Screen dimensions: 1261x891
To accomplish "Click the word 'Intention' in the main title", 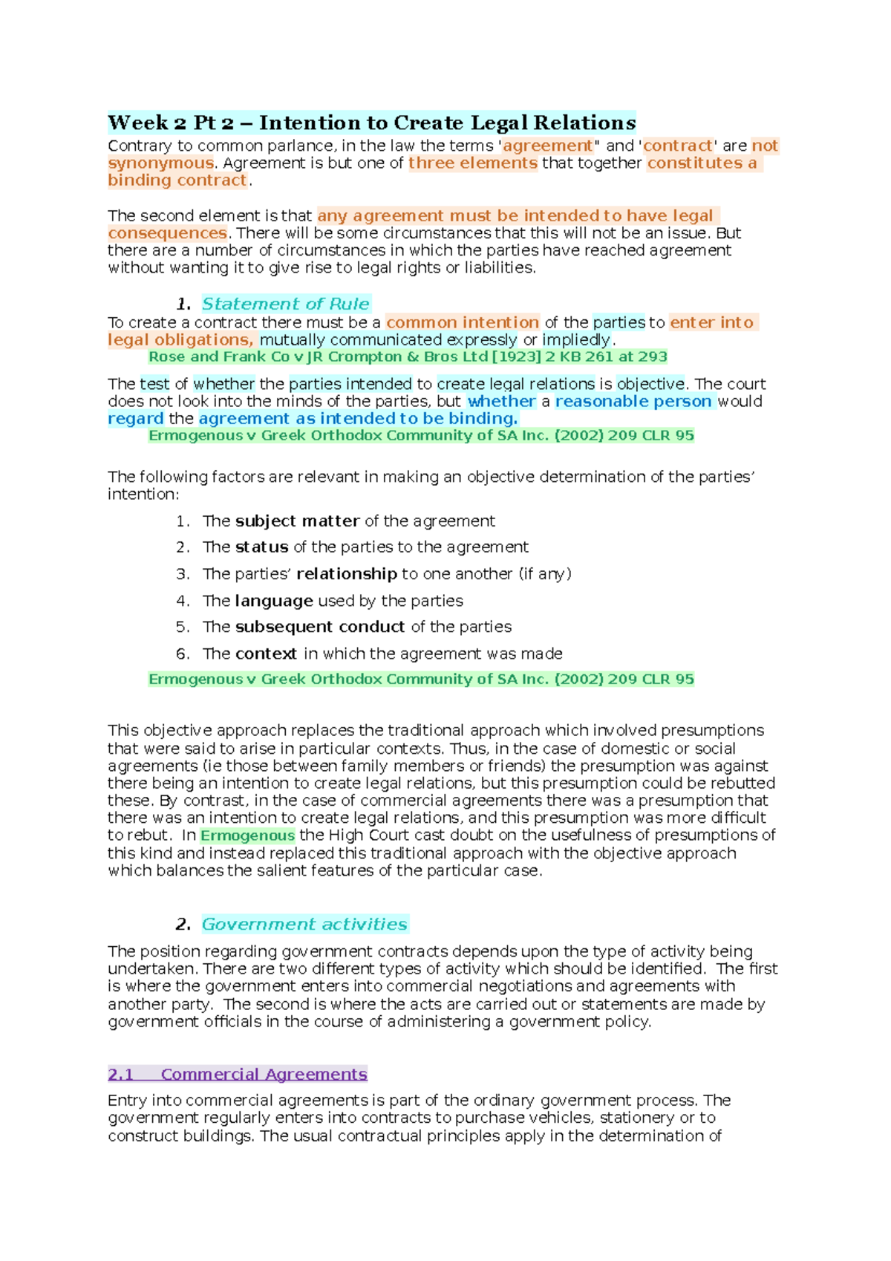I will (308, 123).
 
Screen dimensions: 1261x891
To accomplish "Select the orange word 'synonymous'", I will (160, 163).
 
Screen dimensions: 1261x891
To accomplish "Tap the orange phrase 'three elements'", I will (473, 163).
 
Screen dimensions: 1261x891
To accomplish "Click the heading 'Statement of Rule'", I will (285, 304).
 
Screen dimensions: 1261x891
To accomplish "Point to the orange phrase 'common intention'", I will (463, 322).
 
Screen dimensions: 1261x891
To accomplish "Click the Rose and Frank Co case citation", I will (408, 356).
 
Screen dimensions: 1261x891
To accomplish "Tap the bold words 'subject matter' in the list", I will (297, 521).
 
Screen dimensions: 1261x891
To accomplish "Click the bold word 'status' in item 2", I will (261, 547).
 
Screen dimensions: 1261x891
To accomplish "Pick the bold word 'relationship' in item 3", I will (347, 574).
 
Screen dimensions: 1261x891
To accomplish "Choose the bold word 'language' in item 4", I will (274, 601).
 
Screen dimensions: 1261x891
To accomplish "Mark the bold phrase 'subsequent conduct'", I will (320, 627).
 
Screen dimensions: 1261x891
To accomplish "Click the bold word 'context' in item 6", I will (266, 654).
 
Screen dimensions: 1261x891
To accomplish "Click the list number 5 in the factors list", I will (182, 627).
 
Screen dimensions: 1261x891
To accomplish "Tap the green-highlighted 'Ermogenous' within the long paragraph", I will (247, 835).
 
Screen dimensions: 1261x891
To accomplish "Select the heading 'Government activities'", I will (304, 924).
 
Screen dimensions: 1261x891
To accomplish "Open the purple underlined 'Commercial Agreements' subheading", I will (264, 1074).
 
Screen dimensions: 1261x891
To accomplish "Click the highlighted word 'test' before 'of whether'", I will (154, 384).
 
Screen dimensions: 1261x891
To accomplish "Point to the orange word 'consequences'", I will (167, 233).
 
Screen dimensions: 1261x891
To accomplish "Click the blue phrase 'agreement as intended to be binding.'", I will (358, 418).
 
